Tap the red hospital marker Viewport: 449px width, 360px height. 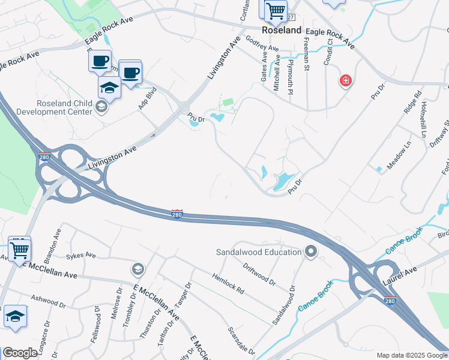pyautogui.click(x=345, y=80)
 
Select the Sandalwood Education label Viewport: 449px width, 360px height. pyautogui.click(x=259, y=251)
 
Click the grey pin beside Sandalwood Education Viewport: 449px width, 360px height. pyautogui.click(x=310, y=251)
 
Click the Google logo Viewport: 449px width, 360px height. pyautogui.click(x=20, y=353)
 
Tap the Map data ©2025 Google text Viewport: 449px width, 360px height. pyautogui.click(x=411, y=355)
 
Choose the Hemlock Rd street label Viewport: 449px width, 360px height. pyautogui.click(x=228, y=283)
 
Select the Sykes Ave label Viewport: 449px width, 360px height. pyautogui.click(x=81, y=255)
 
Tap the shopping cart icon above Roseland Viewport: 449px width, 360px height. pyautogui.click(x=275, y=9)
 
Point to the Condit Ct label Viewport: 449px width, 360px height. pyautogui.click(x=328, y=55)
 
